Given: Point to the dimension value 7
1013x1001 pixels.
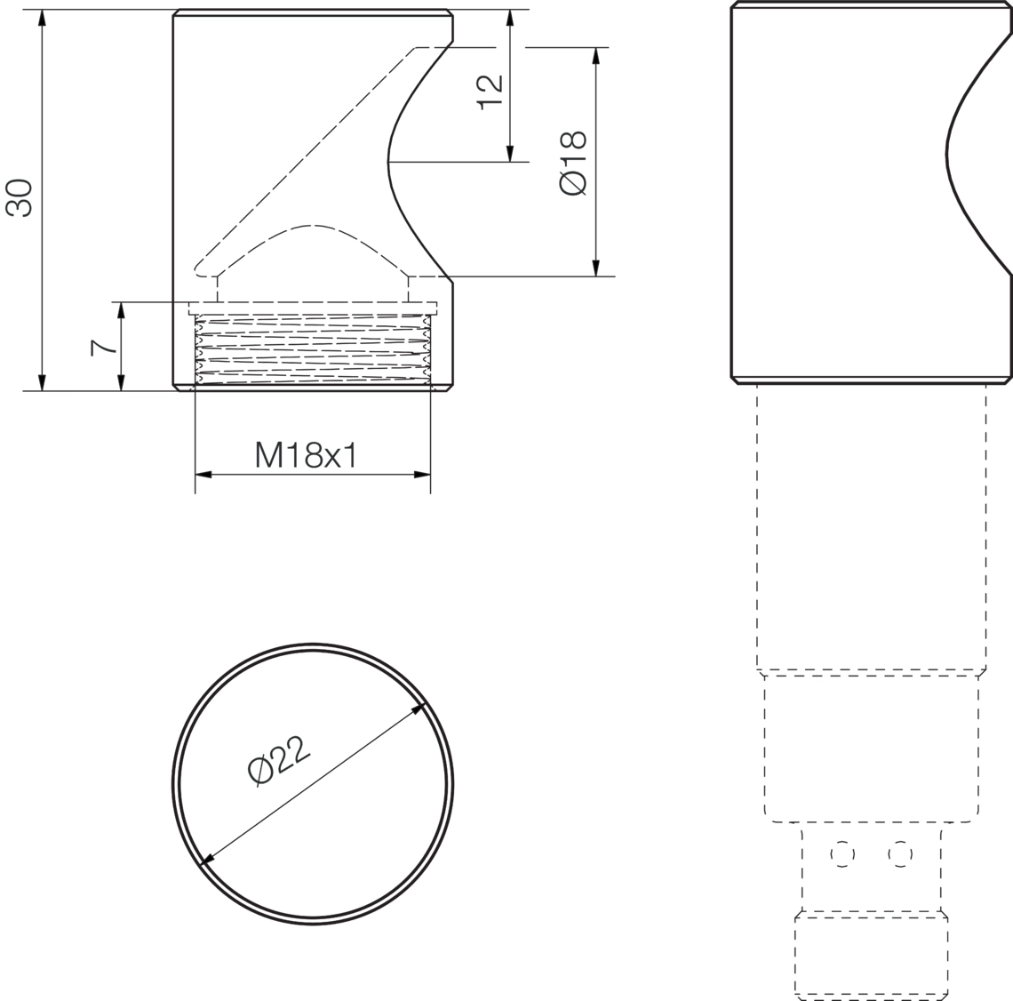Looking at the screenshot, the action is point(103,348).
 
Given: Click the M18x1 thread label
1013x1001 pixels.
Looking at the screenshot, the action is point(306,455).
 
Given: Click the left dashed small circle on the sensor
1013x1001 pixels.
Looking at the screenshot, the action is point(842,854).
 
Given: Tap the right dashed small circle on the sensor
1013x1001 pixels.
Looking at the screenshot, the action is point(900,854).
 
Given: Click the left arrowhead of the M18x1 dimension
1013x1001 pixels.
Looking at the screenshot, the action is point(203,475).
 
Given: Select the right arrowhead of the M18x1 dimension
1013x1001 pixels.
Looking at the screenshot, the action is point(422,475).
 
